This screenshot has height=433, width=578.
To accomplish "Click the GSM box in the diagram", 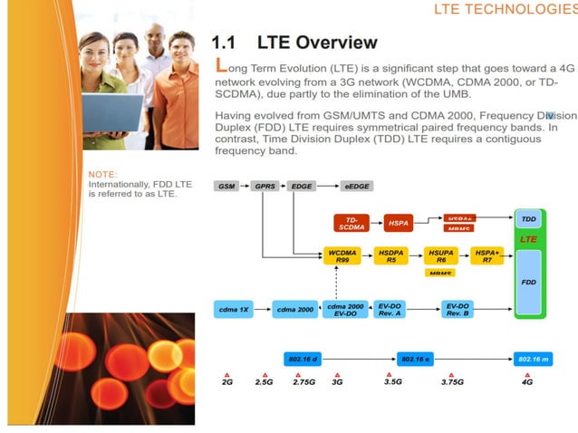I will [x=226, y=186].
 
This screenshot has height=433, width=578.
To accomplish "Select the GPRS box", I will [x=264, y=186].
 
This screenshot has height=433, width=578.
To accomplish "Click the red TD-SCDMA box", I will [x=352, y=223].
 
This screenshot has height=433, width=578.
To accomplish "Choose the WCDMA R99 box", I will [x=342, y=256].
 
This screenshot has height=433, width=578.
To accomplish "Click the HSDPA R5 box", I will [x=391, y=256].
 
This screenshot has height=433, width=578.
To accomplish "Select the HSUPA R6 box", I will [x=441, y=256].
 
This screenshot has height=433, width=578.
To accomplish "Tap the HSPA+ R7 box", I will [x=487, y=256].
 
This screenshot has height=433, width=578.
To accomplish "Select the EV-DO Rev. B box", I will [x=458, y=309].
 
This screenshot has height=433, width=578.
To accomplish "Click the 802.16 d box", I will [x=302, y=360].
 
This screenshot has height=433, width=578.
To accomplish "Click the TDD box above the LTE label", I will [x=529, y=220].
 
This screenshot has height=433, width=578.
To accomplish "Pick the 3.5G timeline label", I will [x=393, y=382].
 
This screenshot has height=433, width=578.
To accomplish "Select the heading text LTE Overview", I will [x=317, y=42].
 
